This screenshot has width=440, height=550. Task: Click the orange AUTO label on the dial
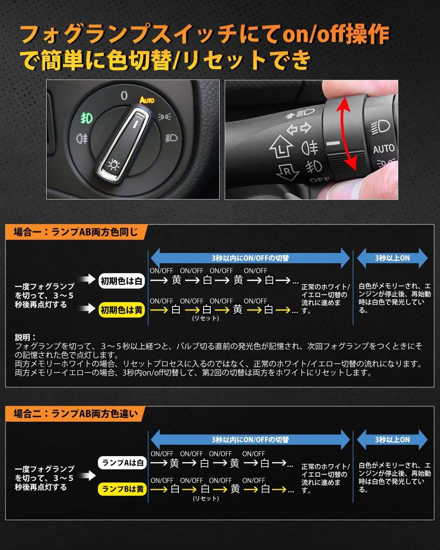coord(147,100)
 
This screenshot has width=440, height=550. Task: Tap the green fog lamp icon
coord(87,118)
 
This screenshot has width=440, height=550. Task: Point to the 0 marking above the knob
coord(124,96)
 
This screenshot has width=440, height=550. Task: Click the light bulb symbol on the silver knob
coord(114,165)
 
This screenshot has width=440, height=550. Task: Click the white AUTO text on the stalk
coord(384,149)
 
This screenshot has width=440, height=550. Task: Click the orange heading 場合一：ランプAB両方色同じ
coord(76,232)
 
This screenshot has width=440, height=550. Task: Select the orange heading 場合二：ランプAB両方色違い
coord(76,414)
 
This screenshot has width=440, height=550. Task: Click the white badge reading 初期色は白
coord(121,281)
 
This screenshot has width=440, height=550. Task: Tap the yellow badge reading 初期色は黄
coord(121,310)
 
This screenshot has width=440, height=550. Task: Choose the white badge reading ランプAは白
coord(122,463)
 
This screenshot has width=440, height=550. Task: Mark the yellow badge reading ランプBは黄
coord(122,489)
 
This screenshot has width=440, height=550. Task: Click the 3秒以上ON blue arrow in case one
coord(392,258)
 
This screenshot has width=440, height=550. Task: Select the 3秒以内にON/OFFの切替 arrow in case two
coord(250,439)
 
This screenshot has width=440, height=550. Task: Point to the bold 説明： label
coord(25,337)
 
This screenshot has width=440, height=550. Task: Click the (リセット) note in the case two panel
coord(206,498)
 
